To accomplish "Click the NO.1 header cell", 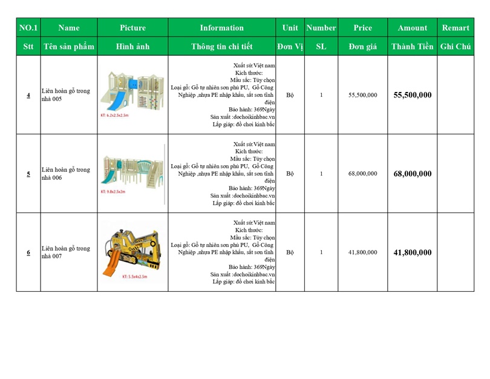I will (28, 28).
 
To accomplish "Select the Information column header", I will (221, 28).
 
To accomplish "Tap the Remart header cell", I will (455, 28).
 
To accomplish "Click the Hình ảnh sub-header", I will (132, 47).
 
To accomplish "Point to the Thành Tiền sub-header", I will (412, 47).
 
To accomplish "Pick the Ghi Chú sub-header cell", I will (455, 47).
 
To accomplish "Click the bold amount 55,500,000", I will (412, 95).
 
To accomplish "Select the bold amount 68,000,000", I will (412, 174).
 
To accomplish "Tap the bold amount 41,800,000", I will (412, 252).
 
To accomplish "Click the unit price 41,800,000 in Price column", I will (362, 252).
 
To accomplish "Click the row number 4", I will (28, 95).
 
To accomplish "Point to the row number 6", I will (28, 252).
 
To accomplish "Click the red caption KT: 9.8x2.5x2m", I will (113, 191).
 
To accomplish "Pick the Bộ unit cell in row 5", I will (290, 174).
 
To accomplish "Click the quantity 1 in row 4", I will (321, 95).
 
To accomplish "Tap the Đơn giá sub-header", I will (362, 47).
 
